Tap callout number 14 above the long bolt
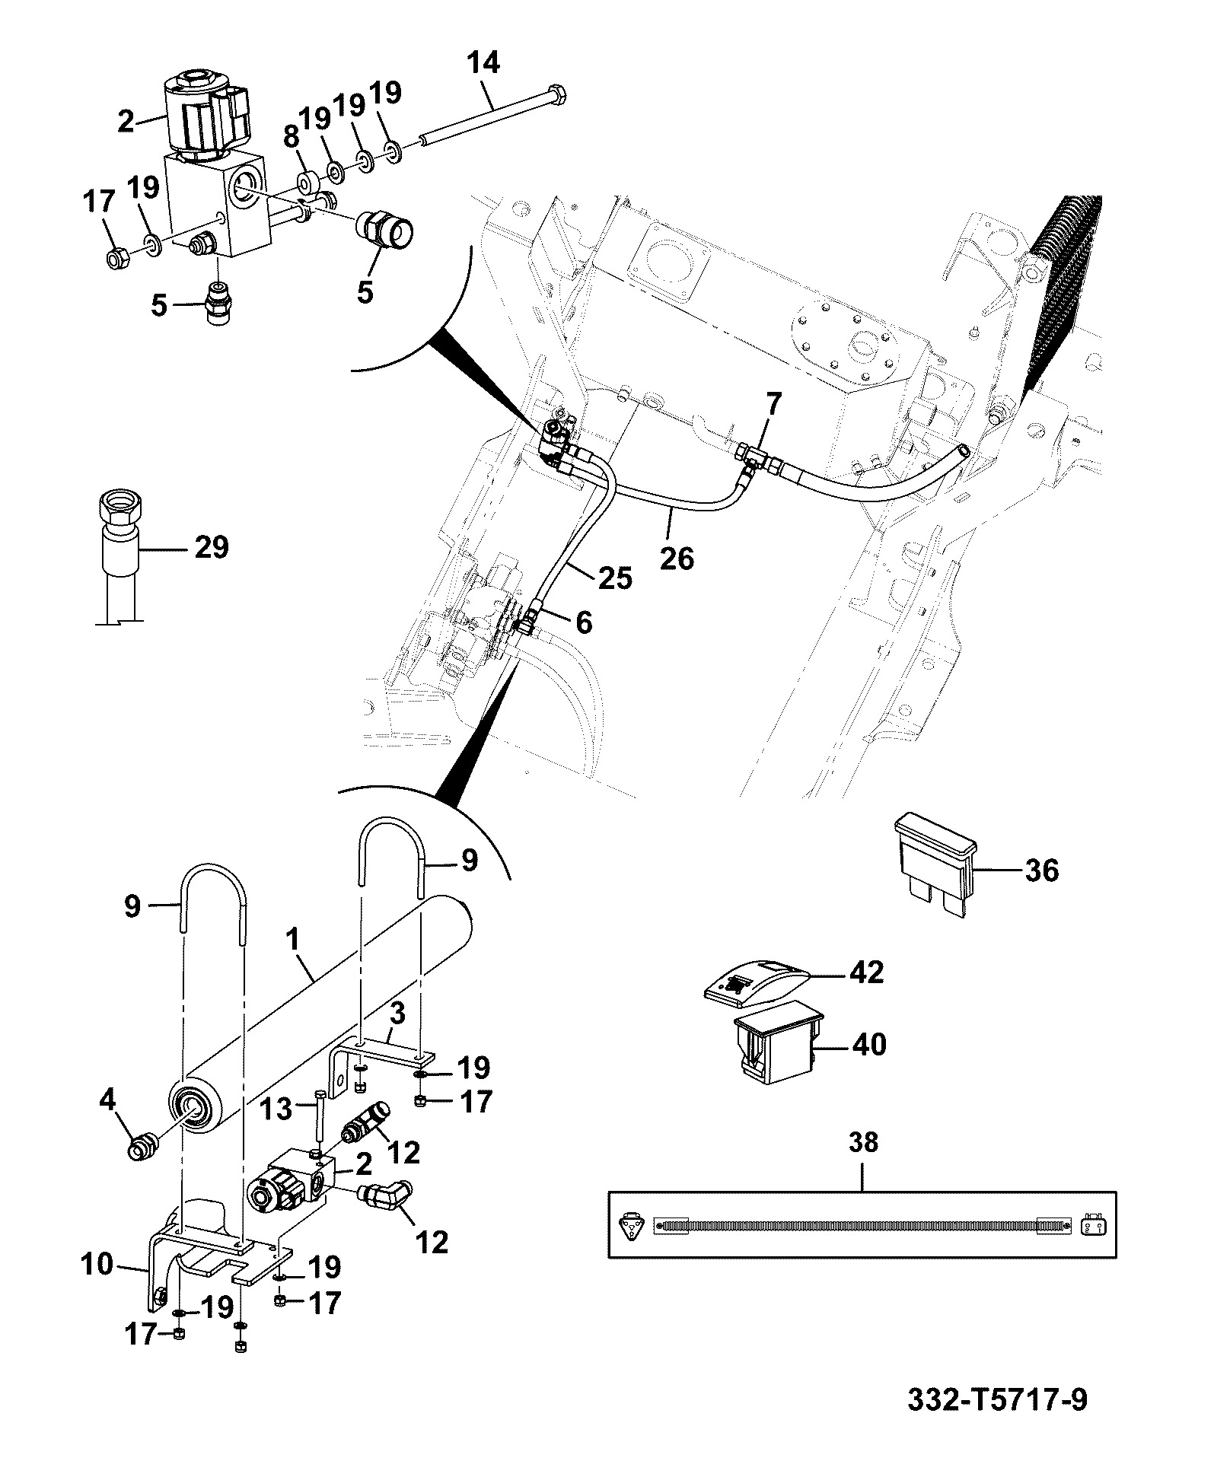tap(483, 63)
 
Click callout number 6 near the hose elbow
tap(583, 622)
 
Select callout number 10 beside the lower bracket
tap(97, 1266)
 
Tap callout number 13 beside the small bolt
tap(277, 1109)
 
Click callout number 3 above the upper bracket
tap(398, 1014)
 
